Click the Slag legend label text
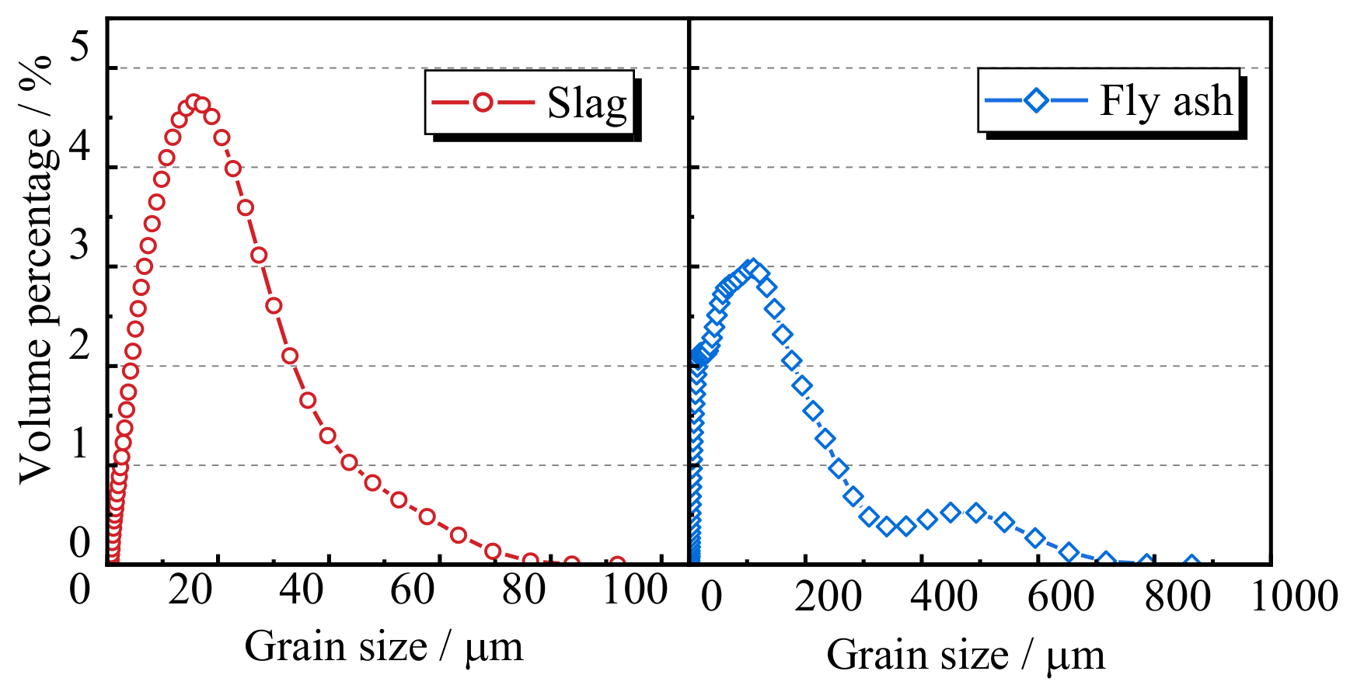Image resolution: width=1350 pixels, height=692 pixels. [x=587, y=103]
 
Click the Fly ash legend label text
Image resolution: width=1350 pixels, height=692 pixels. [x=1166, y=101]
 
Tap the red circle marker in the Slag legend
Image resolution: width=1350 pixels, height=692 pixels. [x=483, y=103]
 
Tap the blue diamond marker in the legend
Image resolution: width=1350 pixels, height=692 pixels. [x=1036, y=101]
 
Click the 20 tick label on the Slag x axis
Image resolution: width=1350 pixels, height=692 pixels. [x=190, y=590]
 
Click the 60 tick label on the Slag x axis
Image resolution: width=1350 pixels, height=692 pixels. [x=413, y=590]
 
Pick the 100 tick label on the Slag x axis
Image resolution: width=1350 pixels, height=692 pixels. [x=635, y=590]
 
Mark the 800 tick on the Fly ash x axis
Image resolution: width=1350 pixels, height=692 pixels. [x=1177, y=596]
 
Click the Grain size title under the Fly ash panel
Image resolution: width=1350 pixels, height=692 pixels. [x=965, y=655]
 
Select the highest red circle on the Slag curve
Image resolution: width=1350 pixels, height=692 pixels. [x=194, y=103]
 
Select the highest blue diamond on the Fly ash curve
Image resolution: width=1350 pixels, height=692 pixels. [x=752, y=268]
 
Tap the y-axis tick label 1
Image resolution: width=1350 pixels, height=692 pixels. [x=79, y=444]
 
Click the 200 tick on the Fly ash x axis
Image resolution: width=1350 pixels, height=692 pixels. [x=828, y=596]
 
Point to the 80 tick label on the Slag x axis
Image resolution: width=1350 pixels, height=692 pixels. [x=524, y=590]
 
